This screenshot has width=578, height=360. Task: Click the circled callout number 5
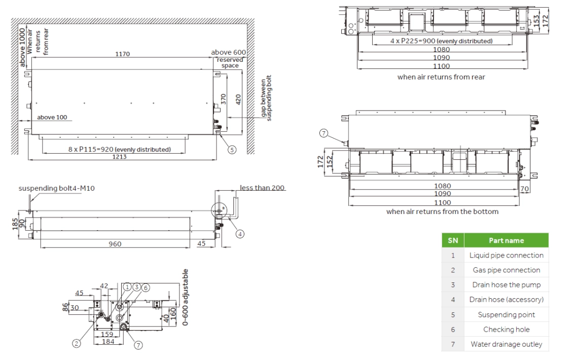pos(232,150)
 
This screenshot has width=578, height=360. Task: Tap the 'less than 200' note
pos(263,188)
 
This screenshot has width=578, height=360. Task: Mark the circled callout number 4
pos(240,234)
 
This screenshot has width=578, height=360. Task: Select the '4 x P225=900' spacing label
pos(434,41)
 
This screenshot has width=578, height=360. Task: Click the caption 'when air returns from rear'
pos(441,77)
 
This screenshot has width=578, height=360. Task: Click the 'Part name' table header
pos(506,240)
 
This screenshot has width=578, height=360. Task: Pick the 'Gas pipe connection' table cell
pos(506,270)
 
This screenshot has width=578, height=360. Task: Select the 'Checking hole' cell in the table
pos(506,330)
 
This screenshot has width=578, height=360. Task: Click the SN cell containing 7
pos(453,344)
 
